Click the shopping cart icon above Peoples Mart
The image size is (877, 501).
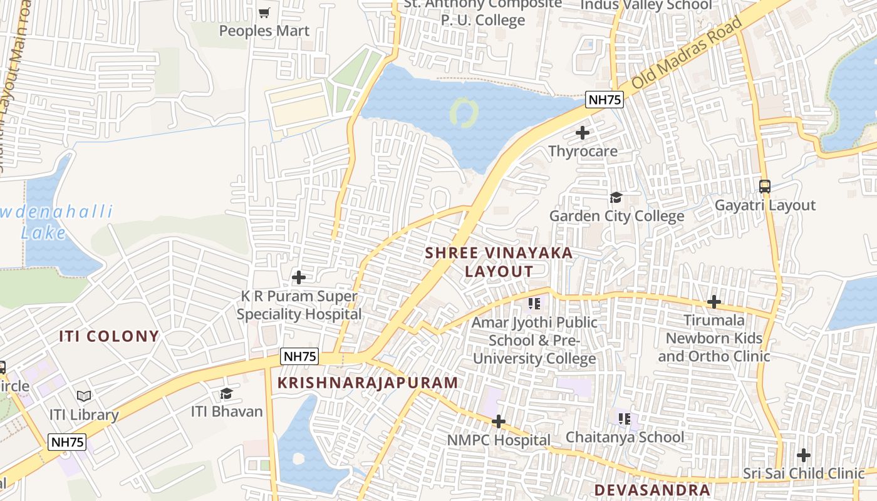264,13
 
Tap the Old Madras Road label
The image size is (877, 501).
687,53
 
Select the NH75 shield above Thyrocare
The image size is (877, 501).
605,99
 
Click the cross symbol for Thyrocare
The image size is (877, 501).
583,133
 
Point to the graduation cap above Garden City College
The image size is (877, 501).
616,198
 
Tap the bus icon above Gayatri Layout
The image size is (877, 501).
764,187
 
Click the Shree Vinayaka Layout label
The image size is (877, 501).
499,262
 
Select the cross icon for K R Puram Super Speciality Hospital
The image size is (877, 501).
299,277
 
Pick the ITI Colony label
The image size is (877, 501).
109,336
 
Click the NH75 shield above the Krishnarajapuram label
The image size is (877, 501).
299,356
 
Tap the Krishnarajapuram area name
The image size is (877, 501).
368,383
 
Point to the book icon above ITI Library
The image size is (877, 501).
84,396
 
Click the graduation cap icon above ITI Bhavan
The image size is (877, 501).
226,393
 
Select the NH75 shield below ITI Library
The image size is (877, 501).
67,442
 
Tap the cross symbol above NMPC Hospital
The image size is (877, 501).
499,421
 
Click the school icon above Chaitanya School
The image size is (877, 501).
624,418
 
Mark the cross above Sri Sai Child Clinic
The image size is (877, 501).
804,455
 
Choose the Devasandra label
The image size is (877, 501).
652,490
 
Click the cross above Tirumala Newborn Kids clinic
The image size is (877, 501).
714,302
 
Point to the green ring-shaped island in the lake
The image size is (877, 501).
464,113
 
